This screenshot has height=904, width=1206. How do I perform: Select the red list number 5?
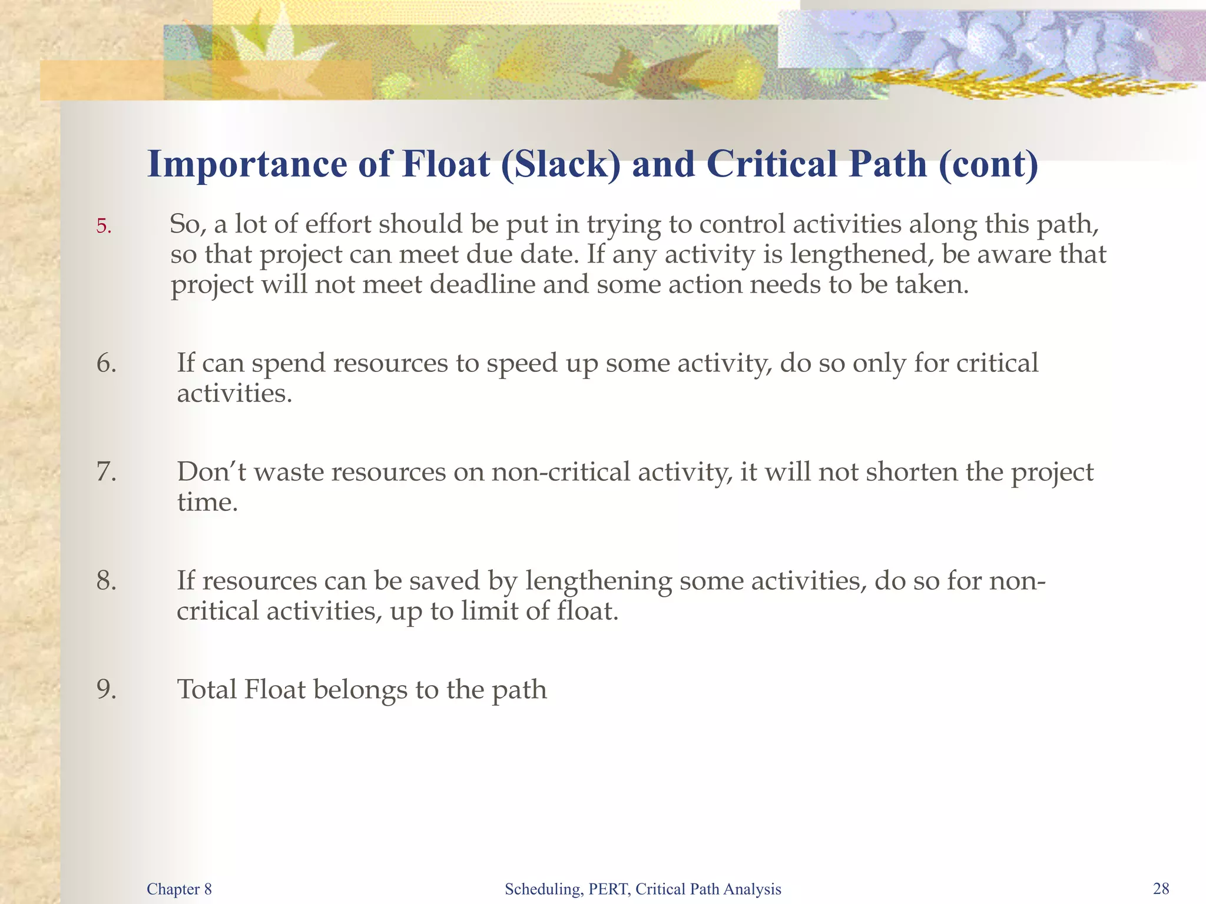[x=104, y=226]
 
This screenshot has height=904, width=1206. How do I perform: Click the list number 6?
[x=106, y=363]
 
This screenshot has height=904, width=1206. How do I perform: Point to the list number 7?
[x=106, y=472]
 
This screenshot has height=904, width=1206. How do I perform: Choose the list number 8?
[x=106, y=581]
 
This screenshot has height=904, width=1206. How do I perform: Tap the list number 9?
[x=106, y=690]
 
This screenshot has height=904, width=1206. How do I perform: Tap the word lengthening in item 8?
[x=598, y=581]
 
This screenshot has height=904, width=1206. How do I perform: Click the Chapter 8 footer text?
[x=179, y=889]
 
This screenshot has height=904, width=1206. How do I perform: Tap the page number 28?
[x=1161, y=889]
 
